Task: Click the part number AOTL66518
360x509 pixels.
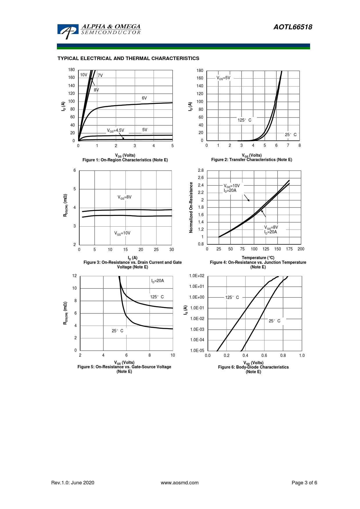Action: pos(293,27)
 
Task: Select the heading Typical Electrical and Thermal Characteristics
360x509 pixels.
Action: pos(128,58)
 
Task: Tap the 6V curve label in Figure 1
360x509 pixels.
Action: pos(144,98)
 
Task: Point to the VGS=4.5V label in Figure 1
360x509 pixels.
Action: pos(116,131)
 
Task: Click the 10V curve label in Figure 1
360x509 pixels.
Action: pos(84,75)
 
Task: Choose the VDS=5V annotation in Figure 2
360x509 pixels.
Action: pos(223,78)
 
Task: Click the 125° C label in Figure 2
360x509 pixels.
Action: pos(244,120)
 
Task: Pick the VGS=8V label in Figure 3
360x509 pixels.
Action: pos(125,197)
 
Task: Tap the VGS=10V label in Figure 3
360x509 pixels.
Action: pos(122,233)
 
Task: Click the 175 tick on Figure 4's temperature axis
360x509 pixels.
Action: pos(289,249)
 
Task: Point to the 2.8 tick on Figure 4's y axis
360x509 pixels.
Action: pos(201,170)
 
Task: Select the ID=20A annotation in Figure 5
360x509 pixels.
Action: pos(158,281)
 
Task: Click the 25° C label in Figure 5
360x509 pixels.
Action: pos(118,331)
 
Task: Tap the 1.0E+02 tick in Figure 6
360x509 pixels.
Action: pos(197,276)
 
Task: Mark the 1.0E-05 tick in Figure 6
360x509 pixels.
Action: pos(197,351)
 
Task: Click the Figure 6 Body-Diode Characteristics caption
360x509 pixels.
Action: pos(253,367)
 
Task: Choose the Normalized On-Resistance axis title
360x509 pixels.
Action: pos(191,207)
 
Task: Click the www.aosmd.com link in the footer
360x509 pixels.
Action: pos(180,483)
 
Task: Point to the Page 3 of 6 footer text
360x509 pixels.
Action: pos(304,483)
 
